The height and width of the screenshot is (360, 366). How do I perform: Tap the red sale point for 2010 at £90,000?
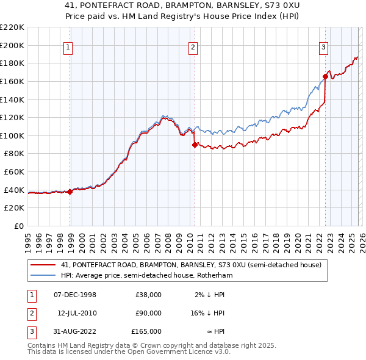tap(195, 145)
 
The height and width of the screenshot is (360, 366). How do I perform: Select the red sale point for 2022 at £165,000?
tap(325, 77)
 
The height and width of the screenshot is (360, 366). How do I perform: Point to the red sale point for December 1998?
tap(70, 192)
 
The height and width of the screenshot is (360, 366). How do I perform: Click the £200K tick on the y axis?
tap(12, 45)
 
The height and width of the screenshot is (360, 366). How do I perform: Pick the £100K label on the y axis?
tap(12, 135)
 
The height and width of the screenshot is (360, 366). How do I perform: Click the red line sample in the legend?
tap(43, 265)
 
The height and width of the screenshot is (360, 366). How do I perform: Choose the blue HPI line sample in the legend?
tap(43, 276)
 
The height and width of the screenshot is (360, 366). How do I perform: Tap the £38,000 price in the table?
tap(148, 295)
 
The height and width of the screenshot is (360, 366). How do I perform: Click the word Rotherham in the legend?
tap(215, 276)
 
